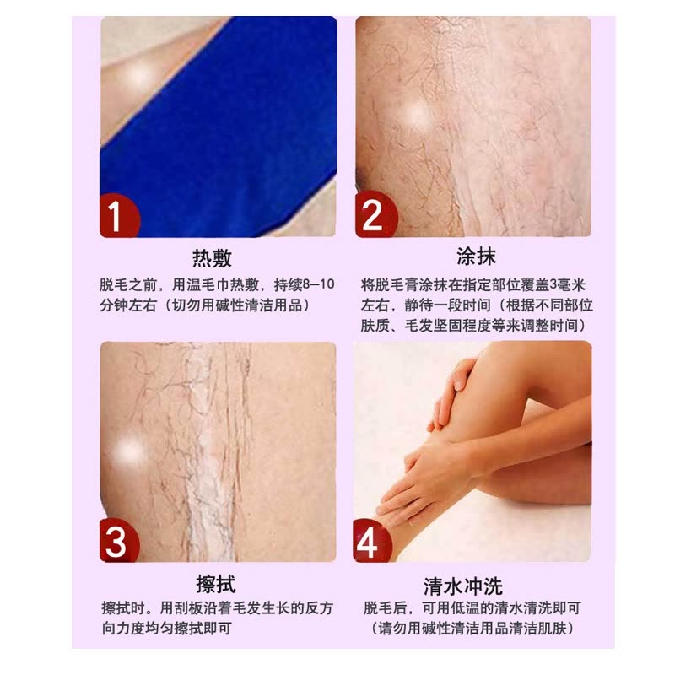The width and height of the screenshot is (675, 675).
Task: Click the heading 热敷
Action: [x=212, y=258]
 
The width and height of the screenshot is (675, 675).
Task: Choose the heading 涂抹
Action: [x=476, y=256]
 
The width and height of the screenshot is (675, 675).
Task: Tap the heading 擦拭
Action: [x=216, y=584]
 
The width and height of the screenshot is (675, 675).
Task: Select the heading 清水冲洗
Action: [x=463, y=586]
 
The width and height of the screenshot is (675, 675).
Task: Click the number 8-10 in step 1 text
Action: [x=319, y=284]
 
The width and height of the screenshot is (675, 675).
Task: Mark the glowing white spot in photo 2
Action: [x=417, y=116]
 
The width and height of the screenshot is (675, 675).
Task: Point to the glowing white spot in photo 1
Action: [x=138, y=78]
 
